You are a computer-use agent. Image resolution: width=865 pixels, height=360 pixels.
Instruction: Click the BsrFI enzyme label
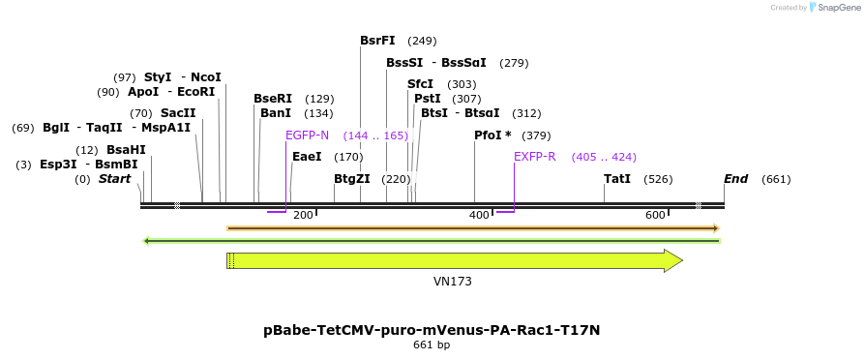377,41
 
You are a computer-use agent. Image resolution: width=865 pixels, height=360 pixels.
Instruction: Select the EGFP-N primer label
307,135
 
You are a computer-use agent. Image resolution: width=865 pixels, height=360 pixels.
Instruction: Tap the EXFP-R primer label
534,157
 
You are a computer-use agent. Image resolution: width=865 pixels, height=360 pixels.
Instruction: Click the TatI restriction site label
616,179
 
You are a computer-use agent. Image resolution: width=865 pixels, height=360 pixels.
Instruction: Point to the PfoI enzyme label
492,135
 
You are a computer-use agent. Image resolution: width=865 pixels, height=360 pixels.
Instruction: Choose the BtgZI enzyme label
352,179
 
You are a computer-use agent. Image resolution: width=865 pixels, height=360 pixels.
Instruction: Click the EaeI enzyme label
307,157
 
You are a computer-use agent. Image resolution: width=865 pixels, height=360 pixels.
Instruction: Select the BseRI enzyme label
273,99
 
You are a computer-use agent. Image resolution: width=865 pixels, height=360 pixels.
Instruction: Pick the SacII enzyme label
178,113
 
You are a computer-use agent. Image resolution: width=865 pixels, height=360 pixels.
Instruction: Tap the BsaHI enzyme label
126,150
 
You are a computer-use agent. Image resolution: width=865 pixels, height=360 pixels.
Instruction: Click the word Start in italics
114,179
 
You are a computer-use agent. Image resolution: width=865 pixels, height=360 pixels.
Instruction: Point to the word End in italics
736,179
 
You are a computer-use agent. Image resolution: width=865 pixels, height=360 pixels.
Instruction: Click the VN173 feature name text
452,282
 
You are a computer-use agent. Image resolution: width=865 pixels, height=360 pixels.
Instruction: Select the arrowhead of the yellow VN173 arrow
673,260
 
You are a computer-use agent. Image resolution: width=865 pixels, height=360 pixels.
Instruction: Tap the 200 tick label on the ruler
303,215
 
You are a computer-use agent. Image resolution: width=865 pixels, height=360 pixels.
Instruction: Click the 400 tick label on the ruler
479,215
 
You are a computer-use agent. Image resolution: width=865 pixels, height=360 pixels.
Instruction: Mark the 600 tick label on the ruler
655,215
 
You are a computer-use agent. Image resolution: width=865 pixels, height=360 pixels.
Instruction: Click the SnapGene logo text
835,8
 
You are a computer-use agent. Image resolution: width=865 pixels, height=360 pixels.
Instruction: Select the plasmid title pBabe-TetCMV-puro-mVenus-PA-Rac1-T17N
432,330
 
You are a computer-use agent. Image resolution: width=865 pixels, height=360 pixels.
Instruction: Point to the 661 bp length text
432,345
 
